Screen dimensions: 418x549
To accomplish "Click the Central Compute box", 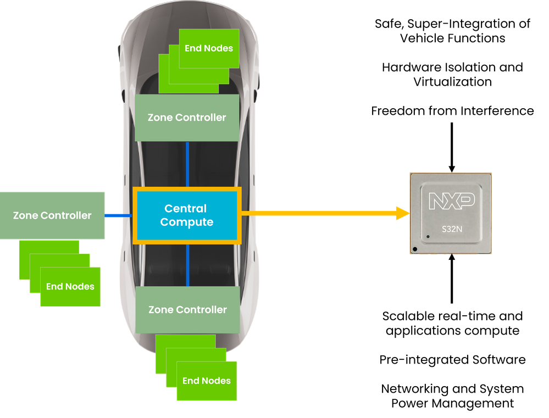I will [x=186, y=215].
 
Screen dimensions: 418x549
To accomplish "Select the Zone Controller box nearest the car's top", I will [x=187, y=118].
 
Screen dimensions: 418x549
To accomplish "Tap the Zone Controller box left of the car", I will [x=52, y=215].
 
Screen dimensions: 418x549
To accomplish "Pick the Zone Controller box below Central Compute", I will [x=187, y=310].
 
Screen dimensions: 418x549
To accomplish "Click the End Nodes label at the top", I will [x=209, y=48].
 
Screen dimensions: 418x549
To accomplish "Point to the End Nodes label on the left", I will [x=70, y=286].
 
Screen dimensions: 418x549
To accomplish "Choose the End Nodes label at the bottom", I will [x=207, y=381].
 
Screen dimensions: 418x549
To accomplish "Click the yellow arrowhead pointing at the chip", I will [x=403, y=214].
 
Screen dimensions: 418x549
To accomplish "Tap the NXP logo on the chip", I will [x=452, y=202].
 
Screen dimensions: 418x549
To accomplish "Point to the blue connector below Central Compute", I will [x=187, y=265].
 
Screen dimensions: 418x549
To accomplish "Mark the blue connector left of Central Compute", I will [x=119, y=216].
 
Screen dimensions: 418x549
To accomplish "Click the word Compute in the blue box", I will [x=186, y=222].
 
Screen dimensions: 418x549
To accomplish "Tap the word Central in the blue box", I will [x=186, y=209].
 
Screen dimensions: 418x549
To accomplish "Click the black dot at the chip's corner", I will [x=415, y=250].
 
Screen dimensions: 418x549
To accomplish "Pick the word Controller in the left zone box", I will [x=64, y=215].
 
